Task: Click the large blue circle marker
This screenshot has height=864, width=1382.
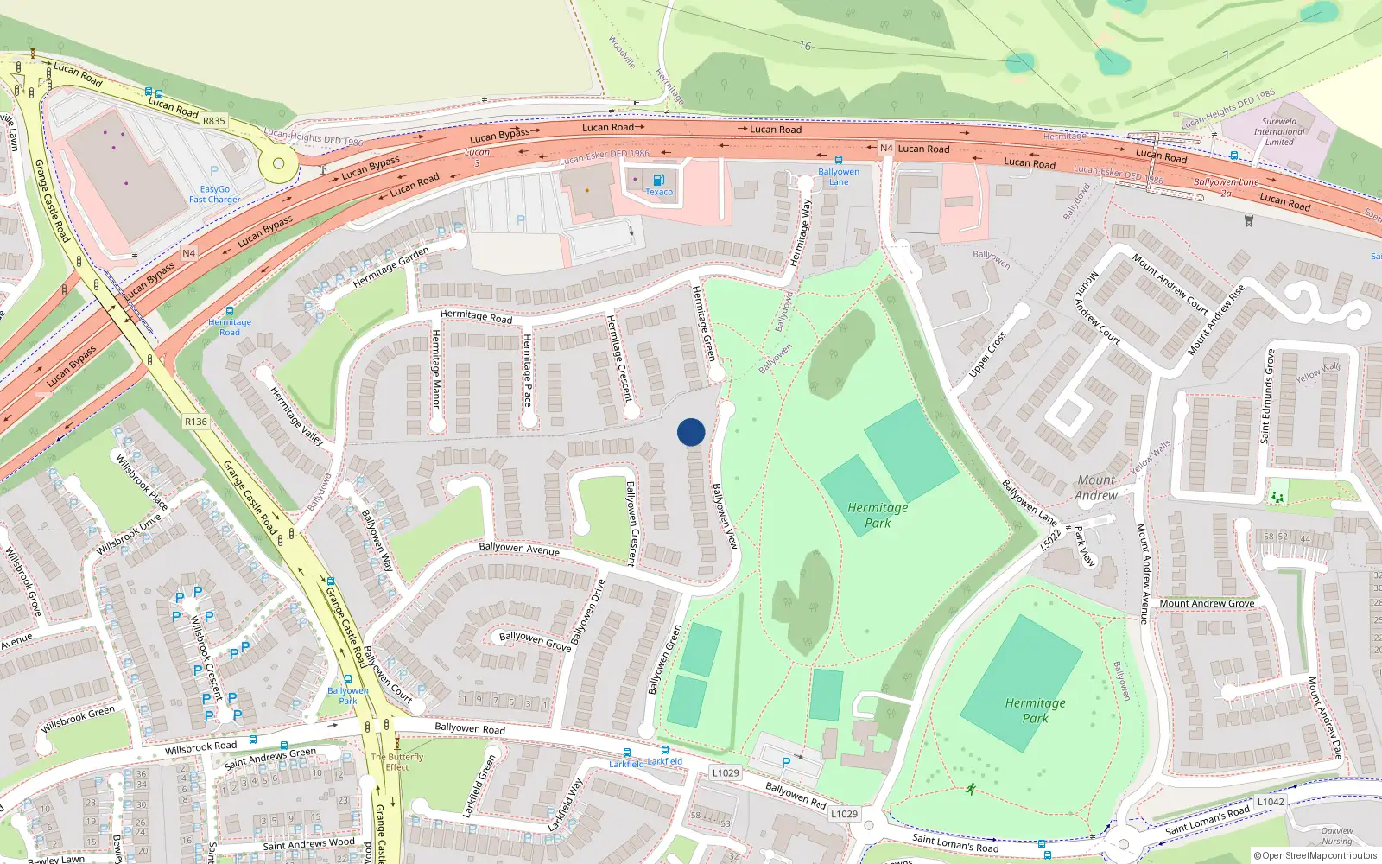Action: click(691, 432)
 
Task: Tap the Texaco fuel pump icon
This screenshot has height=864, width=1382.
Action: click(659, 180)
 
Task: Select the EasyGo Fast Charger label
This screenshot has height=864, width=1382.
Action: click(215, 194)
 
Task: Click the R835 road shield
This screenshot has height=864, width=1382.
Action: click(214, 121)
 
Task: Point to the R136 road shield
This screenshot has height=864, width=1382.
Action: click(196, 422)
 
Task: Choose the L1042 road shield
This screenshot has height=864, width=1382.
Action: click(1271, 802)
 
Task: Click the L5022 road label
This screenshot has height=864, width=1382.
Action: click(1050, 539)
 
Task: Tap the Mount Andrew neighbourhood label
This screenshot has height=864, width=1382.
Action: click(1096, 487)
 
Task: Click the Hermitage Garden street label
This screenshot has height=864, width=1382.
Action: click(390, 267)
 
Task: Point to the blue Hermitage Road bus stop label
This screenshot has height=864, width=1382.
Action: click(230, 327)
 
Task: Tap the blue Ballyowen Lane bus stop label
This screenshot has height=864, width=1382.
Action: click(839, 176)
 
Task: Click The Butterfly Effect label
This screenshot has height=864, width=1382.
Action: click(397, 761)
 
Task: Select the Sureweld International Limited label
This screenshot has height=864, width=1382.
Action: click(1279, 131)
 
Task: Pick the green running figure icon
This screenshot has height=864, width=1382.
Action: click(971, 789)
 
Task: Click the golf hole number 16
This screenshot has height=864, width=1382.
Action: click(805, 46)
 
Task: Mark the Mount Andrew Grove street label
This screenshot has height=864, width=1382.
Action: click(1207, 603)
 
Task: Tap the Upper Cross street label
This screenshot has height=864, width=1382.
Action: click(987, 354)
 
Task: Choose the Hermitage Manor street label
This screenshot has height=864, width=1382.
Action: click(436, 369)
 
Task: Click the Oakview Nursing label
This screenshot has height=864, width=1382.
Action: click(1337, 835)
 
